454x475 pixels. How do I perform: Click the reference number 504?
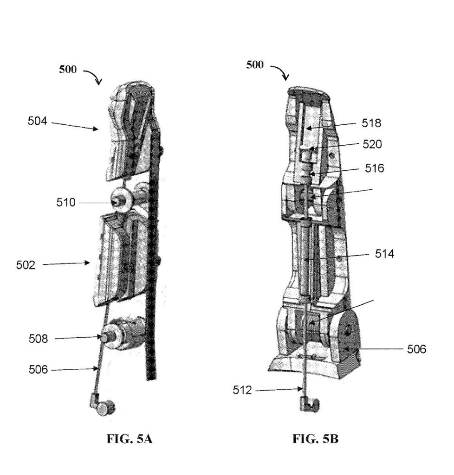pos(37,121)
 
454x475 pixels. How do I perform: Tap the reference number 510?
pos(66,202)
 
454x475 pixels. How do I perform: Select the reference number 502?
pos(26,265)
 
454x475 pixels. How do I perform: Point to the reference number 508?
pos(38,338)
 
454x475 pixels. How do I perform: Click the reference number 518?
pos(371,123)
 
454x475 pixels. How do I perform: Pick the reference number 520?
pos(372,144)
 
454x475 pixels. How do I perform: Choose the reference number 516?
pos(374,168)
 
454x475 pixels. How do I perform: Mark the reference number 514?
pos(384,254)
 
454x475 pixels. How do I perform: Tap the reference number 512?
pos(242,390)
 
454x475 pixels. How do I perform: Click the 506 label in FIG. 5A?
pos(38,370)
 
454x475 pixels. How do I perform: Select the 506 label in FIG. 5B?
pos(416,349)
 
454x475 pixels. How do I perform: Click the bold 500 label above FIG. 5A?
pos(68,70)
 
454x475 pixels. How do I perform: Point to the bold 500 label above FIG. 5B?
pos(255,64)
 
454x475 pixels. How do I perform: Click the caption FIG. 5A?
pos(130,439)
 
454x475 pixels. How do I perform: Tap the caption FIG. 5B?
pos(315,439)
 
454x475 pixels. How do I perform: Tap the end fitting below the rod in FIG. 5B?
pos(310,404)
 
